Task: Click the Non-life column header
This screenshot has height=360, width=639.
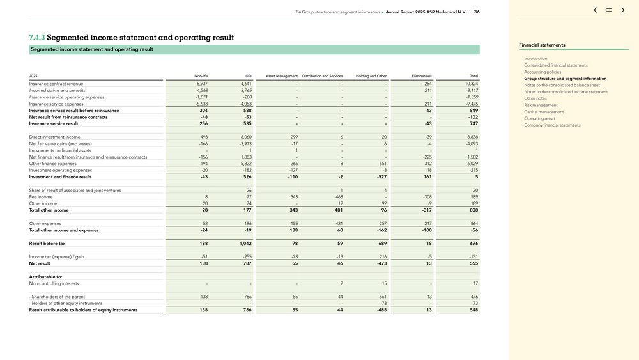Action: pyautogui.click(x=201, y=76)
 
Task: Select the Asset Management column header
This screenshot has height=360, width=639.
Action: pyautogui.click(x=282, y=76)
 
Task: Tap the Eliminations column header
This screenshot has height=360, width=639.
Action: pyautogui.click(x=422, y=76)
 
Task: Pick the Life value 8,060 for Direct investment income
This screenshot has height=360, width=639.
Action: pyautogui.click(x=245, y=137)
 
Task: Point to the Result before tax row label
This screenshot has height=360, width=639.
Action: pyautogui.click(x=47, y=244)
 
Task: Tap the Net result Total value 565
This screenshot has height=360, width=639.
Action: pyautogui.click(x=473, y=263)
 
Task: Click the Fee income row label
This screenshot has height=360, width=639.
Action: pyautogui.click(x=41, y=197)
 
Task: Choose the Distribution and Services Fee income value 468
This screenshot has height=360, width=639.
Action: pyautogui.click(x=339, y=197)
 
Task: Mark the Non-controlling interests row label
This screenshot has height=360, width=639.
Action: pyautogui.click(x=54, y=283)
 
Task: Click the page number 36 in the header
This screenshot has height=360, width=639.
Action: pyautogui.click(x=477, y=12)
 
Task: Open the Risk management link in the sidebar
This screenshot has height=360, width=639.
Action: pyautogui.click(x=541, y=105)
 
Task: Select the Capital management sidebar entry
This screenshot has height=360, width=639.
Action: pyautogui.click(x=544, y=112)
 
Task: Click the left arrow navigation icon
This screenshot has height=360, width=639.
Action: pyautogui.click(x=595, y=10)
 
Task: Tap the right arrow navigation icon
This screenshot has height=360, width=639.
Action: pyautogui.click(x=623, y=10)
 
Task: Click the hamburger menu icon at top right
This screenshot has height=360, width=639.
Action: pyautogui.click(x=609, y=10)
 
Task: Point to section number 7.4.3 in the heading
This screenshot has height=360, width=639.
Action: pyautogui.click(x=37, y=38)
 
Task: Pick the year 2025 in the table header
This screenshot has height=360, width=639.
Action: pyautogui.click(x=33, y=76)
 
